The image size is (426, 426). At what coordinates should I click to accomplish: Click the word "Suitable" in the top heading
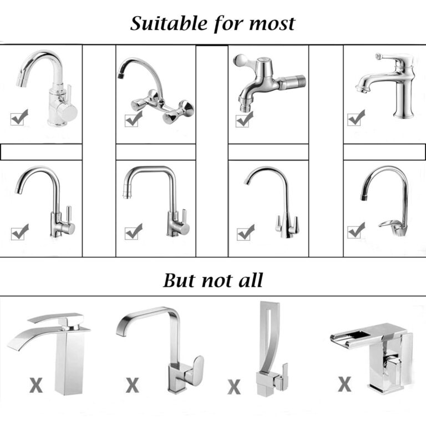point(169,23)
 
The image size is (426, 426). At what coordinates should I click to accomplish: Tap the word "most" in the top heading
point(272,24)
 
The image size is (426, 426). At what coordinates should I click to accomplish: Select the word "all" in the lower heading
point(251,280)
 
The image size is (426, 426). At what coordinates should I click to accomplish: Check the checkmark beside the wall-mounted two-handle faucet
point(133,119)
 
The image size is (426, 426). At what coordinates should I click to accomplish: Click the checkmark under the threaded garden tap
point(245,119)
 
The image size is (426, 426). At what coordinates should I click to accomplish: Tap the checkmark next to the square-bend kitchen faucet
point(133,231)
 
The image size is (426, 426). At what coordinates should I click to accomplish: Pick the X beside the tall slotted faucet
point(234,387)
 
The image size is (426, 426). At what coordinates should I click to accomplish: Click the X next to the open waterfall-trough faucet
point(344,384)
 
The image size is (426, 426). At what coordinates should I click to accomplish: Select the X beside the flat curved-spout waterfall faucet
point(36,385)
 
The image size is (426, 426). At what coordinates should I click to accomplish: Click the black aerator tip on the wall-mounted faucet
point(120,74)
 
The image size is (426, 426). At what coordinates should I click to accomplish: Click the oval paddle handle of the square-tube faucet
point(196,370)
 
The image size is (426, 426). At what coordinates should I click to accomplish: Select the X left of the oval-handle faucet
point(133,385)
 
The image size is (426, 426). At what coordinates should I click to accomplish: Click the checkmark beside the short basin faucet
point(356,118)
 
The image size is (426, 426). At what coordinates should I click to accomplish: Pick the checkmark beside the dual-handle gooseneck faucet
point(246,232)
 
